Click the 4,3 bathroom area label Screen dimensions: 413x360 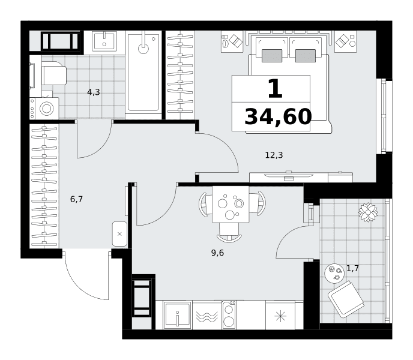point(94,92)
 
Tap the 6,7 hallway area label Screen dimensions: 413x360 point(76,199)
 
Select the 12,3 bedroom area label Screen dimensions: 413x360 point(274,155)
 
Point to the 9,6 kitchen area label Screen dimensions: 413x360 point(217,253)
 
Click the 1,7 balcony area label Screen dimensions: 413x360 point(353,268)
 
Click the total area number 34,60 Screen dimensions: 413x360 point(278,117)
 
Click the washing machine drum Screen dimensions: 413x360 point(47,108)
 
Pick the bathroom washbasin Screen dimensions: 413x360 point(104,41)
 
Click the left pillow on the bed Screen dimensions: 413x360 point(272,56)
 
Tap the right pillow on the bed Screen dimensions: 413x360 point(306,56)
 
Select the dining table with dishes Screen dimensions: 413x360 point(231,205)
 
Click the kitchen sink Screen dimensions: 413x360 point(177,315)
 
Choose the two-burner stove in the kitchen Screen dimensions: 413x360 point(229,315)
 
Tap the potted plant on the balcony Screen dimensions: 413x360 point(368,212)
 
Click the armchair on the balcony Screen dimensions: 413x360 point(346,299)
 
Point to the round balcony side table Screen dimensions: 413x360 point(334,274)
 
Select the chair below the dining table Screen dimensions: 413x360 point(229,232)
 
